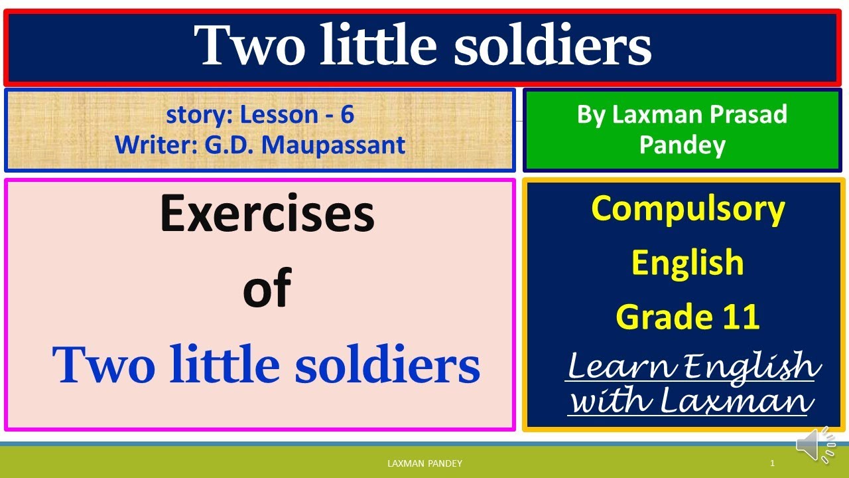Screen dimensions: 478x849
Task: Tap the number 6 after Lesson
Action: (347, 115)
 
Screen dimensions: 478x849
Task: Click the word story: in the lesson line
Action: (199, 115)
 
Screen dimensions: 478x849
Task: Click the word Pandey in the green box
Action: (682, 144)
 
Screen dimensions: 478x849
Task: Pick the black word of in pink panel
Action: (267, 289)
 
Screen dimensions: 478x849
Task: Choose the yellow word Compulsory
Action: (688, 209)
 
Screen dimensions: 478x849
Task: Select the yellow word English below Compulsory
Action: (687, 263)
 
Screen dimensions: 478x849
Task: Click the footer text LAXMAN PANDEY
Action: (424, 463)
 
